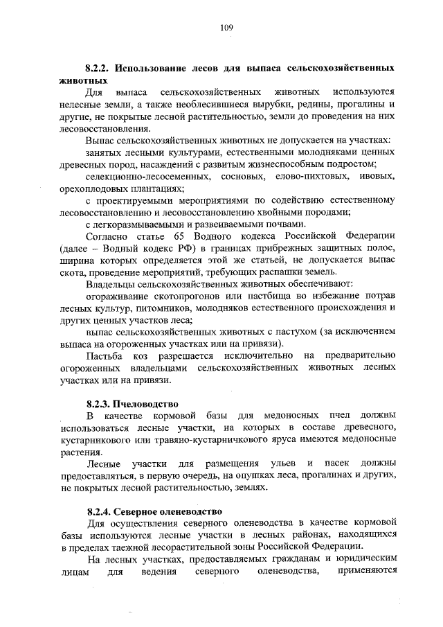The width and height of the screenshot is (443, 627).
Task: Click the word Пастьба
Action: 103,355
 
